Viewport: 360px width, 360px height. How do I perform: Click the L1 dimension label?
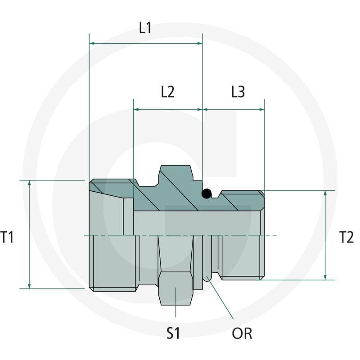[145, 28]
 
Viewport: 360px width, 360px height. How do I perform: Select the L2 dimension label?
[167, 92]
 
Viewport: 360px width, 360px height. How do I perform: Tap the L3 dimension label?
[238, 92]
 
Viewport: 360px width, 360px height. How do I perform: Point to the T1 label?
[7, 237]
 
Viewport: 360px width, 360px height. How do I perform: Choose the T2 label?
[346, 237]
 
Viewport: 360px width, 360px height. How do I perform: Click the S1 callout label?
[173, 333]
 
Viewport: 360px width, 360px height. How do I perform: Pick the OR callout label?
[242, 333]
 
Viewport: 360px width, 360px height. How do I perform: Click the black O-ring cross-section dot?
[206, 193]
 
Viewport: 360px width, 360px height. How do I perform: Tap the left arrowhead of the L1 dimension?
[92, 43]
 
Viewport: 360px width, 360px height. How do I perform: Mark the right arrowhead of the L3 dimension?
[262, 109]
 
